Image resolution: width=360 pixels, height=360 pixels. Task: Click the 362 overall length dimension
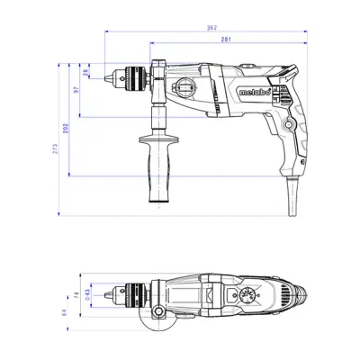click(211, 28)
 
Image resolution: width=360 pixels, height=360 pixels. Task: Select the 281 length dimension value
click(229, 39)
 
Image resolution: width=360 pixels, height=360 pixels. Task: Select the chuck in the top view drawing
click(130, 292)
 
